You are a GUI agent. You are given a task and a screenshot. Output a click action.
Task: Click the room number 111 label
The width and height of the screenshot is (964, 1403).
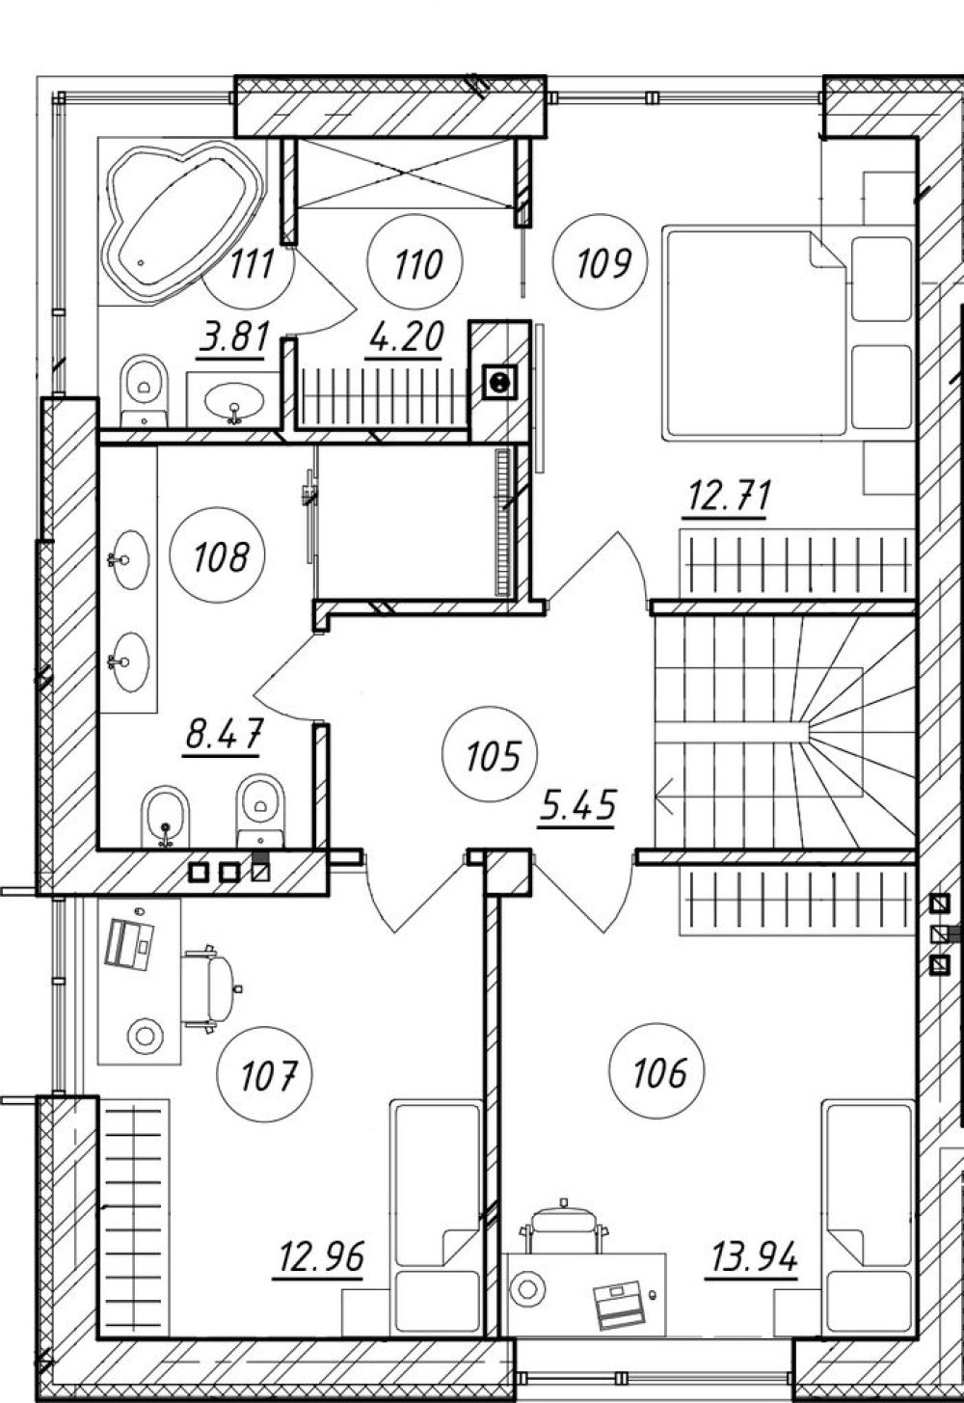[252, 263]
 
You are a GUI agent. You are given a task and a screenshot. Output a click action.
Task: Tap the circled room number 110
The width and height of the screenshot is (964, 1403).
[416, 262]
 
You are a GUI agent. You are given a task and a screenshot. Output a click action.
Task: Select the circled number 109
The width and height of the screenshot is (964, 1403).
[601, 262]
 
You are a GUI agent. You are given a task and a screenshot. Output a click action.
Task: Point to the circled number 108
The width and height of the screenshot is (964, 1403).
[217, 555]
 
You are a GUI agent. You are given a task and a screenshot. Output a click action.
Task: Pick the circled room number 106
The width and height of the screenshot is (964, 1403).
[656, 1071]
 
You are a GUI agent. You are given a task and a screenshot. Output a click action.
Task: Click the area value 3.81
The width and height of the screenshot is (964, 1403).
[233, 338]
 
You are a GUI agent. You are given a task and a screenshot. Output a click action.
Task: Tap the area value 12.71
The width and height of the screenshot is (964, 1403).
[729, 498]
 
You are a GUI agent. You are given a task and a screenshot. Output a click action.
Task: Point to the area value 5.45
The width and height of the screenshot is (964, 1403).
[577, 806]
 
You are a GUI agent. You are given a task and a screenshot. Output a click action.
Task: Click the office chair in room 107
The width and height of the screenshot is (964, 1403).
[211, 989]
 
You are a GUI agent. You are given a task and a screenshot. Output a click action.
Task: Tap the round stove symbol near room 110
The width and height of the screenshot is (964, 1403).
[499, 383]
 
